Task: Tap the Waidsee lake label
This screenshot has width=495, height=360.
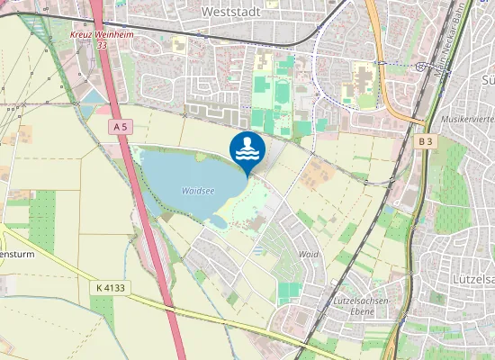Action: click(x=198, y=191)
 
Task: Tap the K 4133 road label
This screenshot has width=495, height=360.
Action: click(x=111, y=287)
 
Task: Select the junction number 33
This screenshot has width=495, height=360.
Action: click(x=102, y=44)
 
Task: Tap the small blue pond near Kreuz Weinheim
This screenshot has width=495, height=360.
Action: click(x=93, y=97)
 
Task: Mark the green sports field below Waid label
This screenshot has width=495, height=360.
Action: click(x=290, y=290)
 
